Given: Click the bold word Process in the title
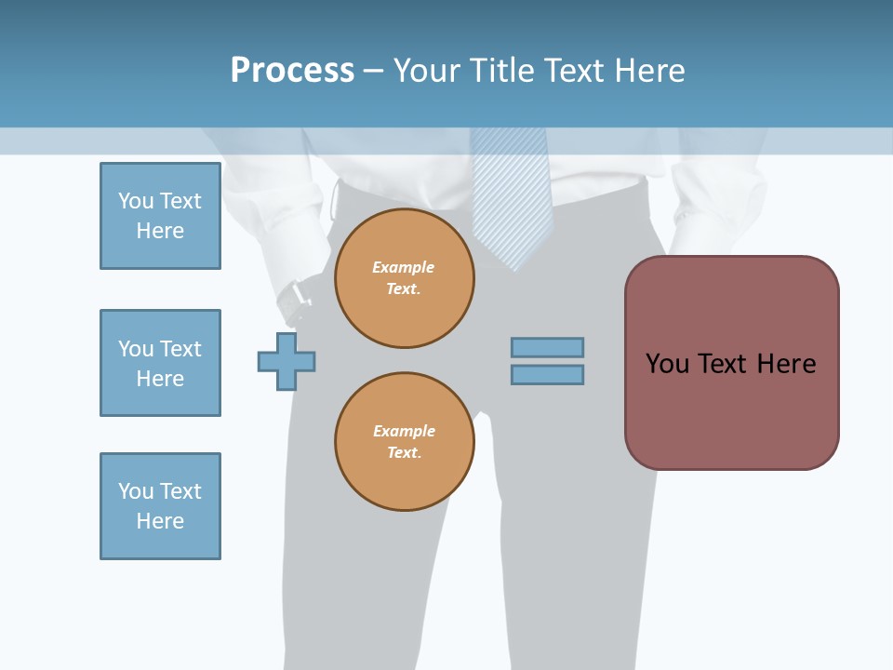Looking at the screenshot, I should pos(292,71).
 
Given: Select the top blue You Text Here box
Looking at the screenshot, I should pos(160,216).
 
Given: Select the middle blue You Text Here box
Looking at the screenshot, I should pos(160,363).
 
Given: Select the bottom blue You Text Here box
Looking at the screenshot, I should pos(160,506).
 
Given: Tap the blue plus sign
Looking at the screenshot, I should pos(287,361).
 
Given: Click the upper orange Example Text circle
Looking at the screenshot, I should pos(405,278).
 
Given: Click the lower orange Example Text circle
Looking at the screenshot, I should pos(405,442).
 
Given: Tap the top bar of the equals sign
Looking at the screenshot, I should pos(547,347).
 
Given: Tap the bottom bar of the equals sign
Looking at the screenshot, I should pos(547,374).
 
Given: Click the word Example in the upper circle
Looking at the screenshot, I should pos(403,267).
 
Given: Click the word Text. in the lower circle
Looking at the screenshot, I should pos(404,452).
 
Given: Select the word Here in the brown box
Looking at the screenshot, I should pos(786,364).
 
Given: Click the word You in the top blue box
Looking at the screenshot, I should pos(136,201).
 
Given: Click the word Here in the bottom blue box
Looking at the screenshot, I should pos(160,521).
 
